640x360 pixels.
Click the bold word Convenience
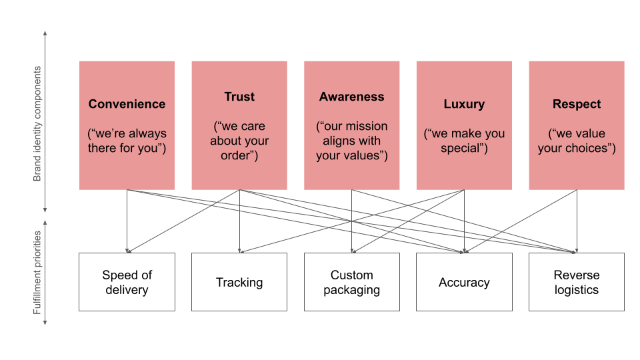[127, 104]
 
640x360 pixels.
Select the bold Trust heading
[239, 97]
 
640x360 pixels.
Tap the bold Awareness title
[351, 97]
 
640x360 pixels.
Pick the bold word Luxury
[464, 104]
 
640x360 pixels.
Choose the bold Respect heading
[577, 104]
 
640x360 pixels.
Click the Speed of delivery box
[127, 282]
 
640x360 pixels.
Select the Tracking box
[239, 282]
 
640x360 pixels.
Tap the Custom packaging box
[351, 282]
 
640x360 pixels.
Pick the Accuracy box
[464, 282]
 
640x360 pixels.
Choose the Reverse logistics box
[577, 282]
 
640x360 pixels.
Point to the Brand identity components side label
[37, 123]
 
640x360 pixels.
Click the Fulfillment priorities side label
[37, 273]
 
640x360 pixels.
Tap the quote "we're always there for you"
[127, 141]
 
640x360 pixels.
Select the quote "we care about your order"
[239, 141]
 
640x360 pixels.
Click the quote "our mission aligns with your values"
[351, 141]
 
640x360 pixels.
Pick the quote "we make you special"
[464, 141]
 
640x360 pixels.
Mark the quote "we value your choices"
[577, 141]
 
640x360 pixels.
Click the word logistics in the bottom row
[577, 290]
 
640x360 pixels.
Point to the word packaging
[351, 290]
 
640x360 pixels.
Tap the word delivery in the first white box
[127, 290]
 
